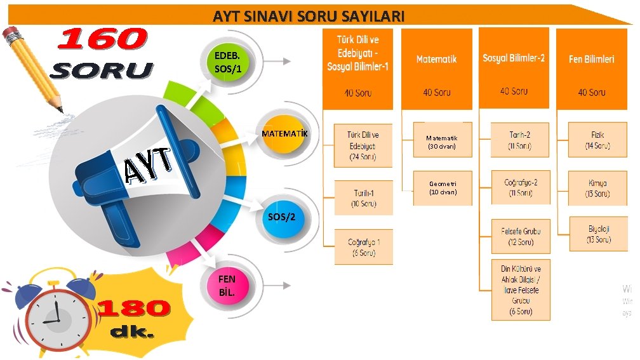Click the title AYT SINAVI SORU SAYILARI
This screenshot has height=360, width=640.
[308, 17]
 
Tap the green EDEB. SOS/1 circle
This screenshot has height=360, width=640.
[228, 62]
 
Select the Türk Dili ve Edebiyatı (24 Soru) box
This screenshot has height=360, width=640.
[363, 145]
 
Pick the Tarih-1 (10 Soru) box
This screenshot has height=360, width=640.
[363, 198]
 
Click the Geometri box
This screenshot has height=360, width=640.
[443, 188]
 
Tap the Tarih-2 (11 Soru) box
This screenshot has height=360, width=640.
[520, 140]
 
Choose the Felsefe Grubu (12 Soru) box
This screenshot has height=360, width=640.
[521, 236]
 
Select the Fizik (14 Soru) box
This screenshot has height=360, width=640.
[597, 140]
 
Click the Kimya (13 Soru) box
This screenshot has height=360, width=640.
[597, 188]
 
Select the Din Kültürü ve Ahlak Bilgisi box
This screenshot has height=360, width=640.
[521, 290]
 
